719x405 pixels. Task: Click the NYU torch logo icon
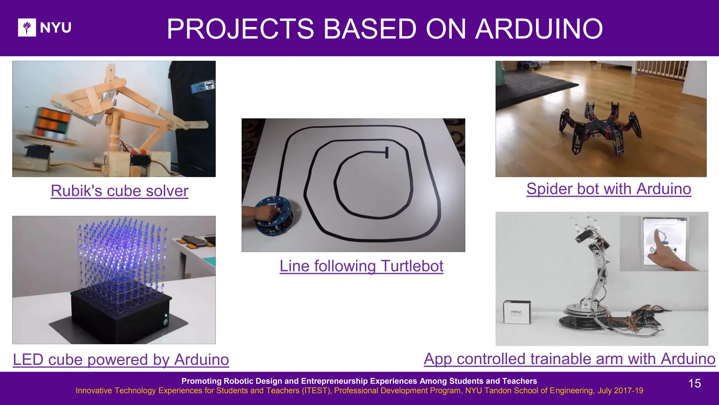tap(27, 27)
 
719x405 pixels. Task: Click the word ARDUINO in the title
tap(539, 29)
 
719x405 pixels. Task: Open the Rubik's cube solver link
tap(119, 191)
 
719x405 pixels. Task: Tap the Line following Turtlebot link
tap(361, 266)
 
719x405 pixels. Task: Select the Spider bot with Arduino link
tap(608, 189)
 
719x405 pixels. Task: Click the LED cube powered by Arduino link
tap(121, 360)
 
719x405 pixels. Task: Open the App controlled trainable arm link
tap(569, 359)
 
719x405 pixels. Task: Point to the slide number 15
tap(694, 383)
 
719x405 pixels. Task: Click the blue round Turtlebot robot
tap(274, 215)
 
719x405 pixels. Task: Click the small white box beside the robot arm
tap(516, 312)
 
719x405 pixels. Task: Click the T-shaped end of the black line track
tap(387, 152)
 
